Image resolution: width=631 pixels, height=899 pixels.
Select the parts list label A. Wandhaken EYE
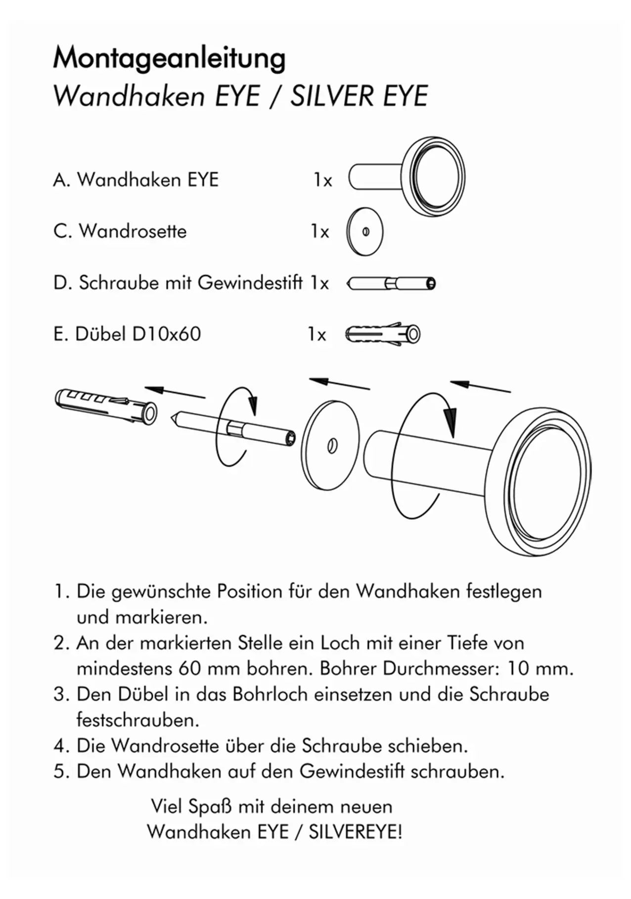tap(135, 180)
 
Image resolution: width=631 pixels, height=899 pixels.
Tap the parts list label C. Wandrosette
tap(120, 231)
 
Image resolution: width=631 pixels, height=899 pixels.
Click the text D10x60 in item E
tap(166, 334)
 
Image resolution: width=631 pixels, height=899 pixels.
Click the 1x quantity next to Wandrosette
tap(319, 231)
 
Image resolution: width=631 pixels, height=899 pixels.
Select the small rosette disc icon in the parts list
tap(365, 232)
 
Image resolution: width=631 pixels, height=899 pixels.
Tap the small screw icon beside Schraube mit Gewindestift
tap(391, 284)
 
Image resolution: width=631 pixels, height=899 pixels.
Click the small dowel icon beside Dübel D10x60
tap(382, 334)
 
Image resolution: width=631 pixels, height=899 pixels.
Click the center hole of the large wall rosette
tap(332, 446)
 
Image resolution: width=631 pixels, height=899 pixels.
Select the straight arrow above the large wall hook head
tap(480, 386)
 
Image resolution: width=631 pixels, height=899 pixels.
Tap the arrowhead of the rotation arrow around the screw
tap(253, 407)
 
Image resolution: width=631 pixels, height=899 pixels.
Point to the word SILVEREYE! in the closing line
tap(355, 832)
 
